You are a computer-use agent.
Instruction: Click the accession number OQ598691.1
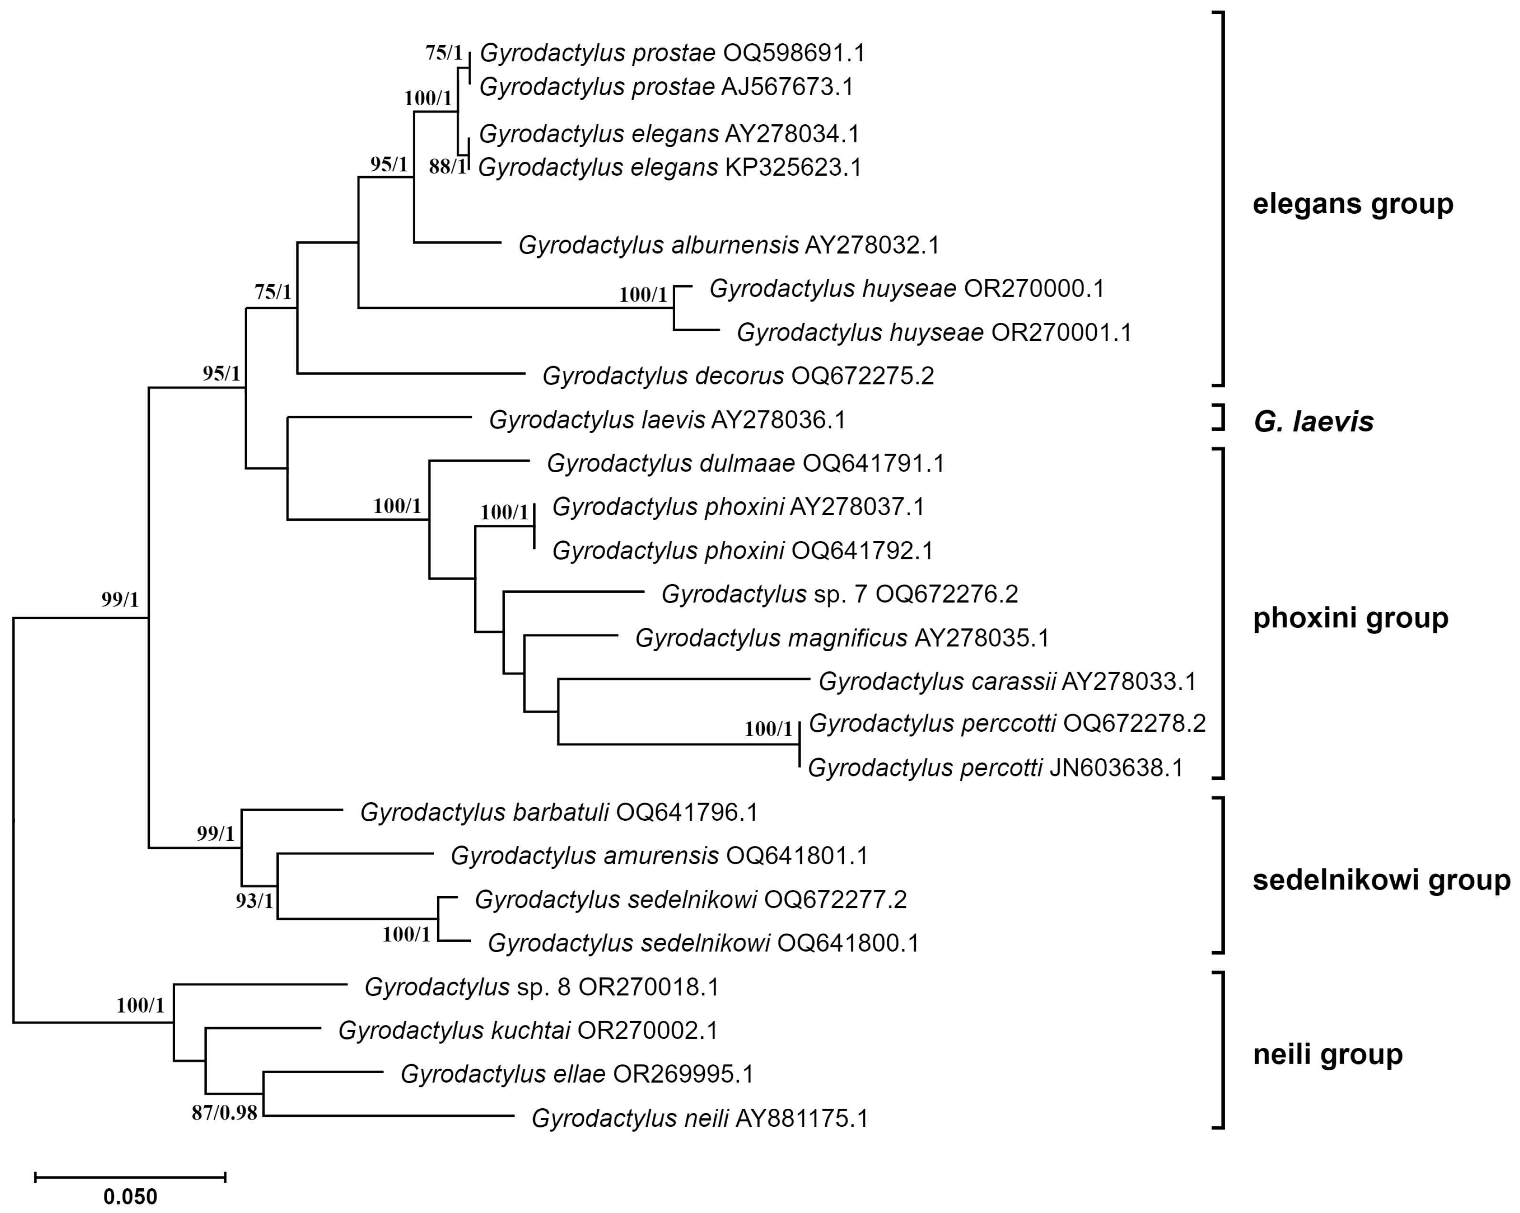pyautogui.click(x=793, y=53)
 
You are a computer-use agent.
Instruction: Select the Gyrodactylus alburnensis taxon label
pyautogui.click(x=729, y=245)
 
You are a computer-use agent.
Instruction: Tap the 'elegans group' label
pyautogui.click(x=1352, y=204)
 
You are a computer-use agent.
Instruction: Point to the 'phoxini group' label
pyautogui.click(x=1350, y=618)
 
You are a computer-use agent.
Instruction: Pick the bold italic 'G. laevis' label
pyautogui.click(x=1313, y=421)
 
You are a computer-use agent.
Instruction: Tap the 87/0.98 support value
pyautogui.click(x=224, y=1115)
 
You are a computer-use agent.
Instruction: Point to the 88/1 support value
pyautogui.click(x=447, y=167)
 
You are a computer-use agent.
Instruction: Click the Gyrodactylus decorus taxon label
pyautogui.click(x=738, y=376)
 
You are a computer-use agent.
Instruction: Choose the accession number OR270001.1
pyautogui.click(x=1061, y=332)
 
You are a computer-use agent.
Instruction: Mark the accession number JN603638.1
pyautogui.click(x=1116, y=767)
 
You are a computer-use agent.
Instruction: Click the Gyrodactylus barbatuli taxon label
pyautogui.click(x=559, y=813)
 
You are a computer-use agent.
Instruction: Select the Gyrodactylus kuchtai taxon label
pyautogui.click(x=527, y=1031)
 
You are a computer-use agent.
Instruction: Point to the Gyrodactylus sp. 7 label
pyautogui.click(x=839, y=594)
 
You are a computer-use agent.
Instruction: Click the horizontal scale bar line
pyautogui.click(x=130, y=1176)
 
